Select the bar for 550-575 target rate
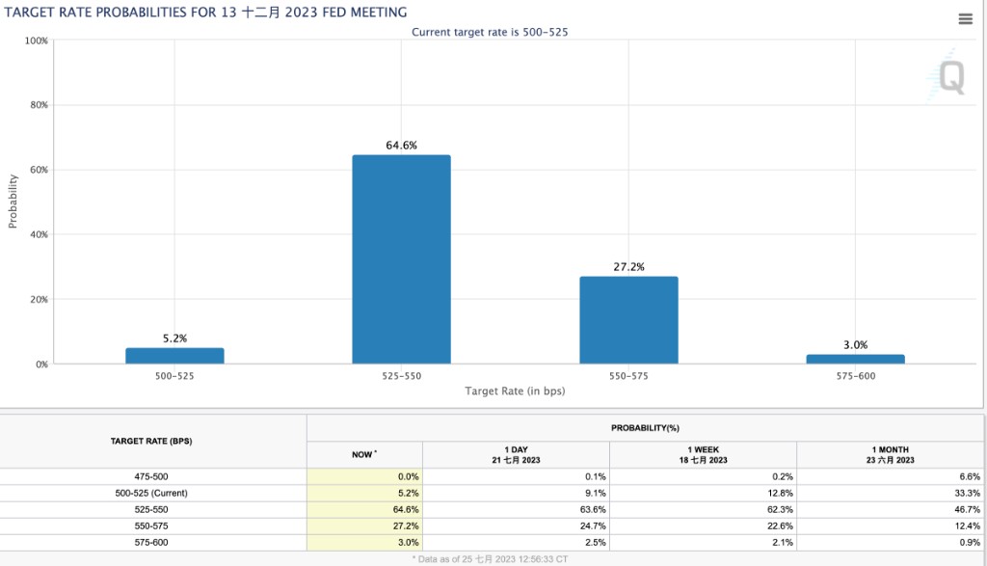point(628,319)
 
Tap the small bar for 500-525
point(174,356)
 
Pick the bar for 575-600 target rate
point(855,359)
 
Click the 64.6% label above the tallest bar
point(401,145)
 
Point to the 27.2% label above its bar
point(628,266)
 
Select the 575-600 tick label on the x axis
point(855,376)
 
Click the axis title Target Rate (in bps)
point(515,391)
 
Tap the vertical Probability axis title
point(13,201)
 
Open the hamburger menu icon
point(965,19)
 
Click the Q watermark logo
point(950,78)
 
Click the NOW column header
point(363,453)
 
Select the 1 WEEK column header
point(703,454)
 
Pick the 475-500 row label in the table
point(154,476)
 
